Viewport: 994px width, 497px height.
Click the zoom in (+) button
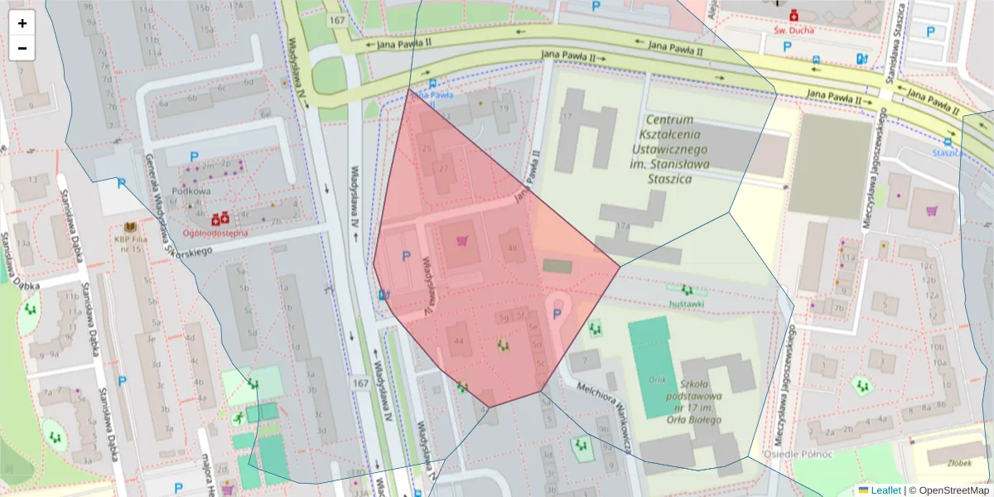[22, 23]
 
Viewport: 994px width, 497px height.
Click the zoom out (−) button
[22, 48]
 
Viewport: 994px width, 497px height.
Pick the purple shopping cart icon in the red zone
[462, 241]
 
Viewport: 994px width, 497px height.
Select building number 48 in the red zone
[512, 248]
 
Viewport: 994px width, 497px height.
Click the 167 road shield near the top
[335, 20]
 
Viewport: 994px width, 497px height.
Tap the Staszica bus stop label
[946, 152]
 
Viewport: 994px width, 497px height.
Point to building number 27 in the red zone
[444, 168]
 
